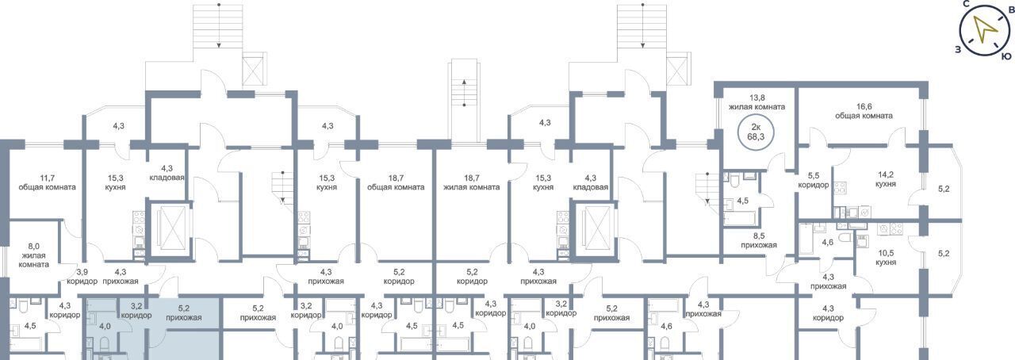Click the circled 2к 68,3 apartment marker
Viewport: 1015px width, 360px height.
tap(756, 132)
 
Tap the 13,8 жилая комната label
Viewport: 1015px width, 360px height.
tap(756, 102)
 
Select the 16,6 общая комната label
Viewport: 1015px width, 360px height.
tap(864, 111)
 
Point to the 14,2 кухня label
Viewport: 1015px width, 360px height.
tap(886, 179)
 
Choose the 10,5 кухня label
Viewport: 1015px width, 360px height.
tap(886, 258)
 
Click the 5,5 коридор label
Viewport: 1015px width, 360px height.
tap(814, 180)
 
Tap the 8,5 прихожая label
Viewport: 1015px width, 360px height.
tap(759, 240)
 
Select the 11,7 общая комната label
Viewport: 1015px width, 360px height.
tap(47, 182)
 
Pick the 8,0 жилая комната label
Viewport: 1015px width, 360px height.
tap(33, 255)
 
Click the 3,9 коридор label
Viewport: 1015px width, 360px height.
tap(82, 277)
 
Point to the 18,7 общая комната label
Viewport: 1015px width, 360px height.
tap(396, 182)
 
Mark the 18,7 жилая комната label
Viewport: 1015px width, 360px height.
tap(471, 182)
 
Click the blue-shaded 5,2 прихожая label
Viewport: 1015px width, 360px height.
tap(183, 313)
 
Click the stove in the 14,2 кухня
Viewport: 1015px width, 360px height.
tap(840, 188)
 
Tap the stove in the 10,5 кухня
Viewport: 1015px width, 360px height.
tap(890, 230)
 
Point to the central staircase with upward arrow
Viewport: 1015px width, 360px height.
tap(465, 105)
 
